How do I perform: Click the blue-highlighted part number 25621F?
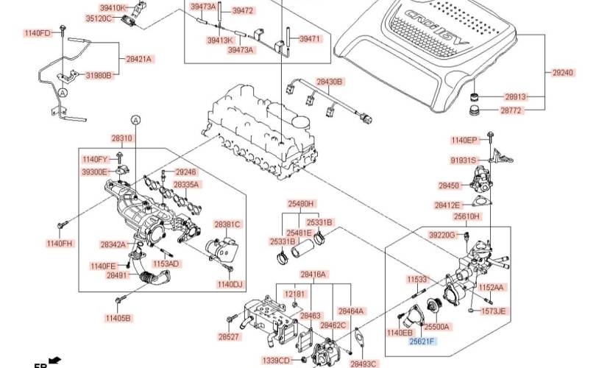[423, 342]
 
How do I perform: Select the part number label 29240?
[563, 73]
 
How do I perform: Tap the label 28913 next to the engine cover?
[516, 96]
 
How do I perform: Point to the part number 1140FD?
[38, 33]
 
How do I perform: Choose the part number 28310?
[122, 138]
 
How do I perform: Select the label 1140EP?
[464, 140]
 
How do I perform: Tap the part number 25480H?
[300, 203]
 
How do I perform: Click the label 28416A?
[313, 275]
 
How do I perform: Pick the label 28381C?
[227, 224]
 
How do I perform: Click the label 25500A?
[438, 326]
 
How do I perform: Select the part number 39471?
[311, 39]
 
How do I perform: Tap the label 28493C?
[363, 364]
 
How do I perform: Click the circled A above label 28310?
[135, 118]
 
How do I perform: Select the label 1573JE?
[493, 311]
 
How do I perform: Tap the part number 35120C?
[99, 18]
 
